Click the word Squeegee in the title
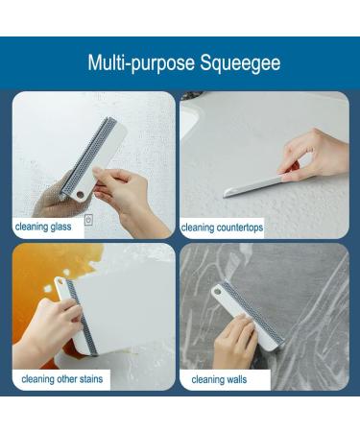coord(240,63)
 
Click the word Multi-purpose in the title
coord(141,63)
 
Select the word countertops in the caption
coord(240,228)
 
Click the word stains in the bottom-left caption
coord(91,379)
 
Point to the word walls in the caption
coord(237,380)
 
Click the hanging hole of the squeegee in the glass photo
coord(80,194)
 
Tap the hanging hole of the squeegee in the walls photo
coord(218,292)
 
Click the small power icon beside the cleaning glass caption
coord(88,220)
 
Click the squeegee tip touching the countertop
coord(226,194)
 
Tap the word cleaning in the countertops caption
coord(198,228)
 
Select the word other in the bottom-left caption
coord(67,379)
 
